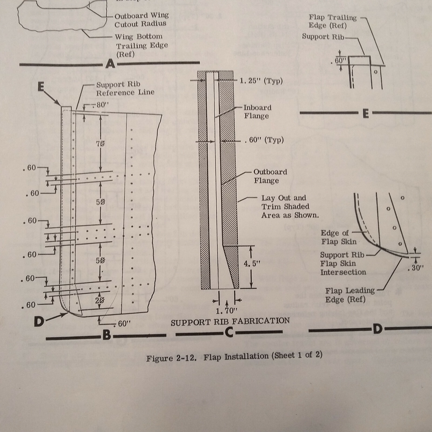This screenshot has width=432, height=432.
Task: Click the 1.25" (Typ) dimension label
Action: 261,81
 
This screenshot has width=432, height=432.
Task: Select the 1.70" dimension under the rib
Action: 226,311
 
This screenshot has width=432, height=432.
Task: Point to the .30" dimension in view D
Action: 416,268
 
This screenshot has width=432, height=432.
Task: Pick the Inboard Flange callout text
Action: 257,112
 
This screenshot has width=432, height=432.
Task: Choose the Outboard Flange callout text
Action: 270,176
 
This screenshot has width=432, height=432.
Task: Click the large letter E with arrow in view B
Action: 41,87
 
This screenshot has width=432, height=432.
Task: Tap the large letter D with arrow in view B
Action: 39,321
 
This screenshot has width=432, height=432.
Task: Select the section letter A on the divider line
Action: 110,64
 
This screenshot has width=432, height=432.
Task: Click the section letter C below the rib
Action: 229,333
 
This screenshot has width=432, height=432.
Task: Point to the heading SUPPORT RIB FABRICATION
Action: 230,321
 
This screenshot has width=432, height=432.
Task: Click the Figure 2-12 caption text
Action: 234,356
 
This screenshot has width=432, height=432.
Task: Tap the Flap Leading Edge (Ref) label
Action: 350,295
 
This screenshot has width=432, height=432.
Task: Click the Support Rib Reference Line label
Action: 125,89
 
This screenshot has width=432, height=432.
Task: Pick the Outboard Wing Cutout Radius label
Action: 141,20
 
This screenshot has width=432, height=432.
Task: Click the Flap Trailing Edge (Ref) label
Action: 332,21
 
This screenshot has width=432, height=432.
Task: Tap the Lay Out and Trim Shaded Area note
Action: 289,207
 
